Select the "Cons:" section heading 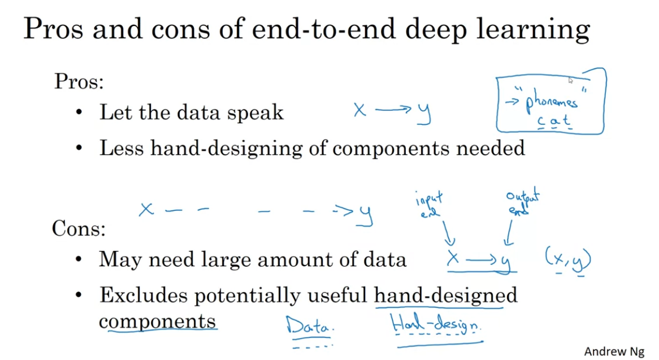(79, 229)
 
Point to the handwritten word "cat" (554, 121)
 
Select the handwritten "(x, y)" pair (567, 261)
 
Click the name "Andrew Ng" (614, 351)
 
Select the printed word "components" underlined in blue (157, 321)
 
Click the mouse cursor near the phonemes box (571, 81)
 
